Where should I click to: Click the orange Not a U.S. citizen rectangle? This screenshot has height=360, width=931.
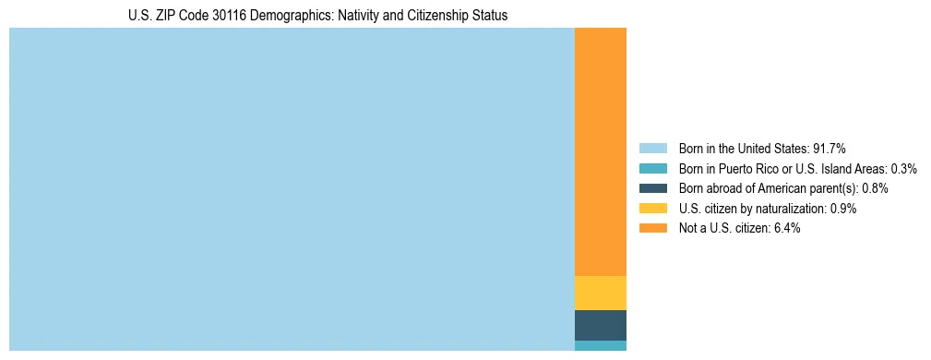[x=600, y=152]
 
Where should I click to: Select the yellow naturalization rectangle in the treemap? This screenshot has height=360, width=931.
[x=600, y=293]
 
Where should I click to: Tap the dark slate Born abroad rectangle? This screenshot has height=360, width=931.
[x=600, y=325]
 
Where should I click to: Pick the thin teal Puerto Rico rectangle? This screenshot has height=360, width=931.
[x=600, y=345]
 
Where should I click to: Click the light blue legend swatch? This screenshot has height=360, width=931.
[x=652, y=148]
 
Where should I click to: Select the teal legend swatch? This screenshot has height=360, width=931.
[x=652, y=168]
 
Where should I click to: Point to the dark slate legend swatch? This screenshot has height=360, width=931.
[x=652, y=188]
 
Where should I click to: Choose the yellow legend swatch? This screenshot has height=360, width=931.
[x=652, y=209]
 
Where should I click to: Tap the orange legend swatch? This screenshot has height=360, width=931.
[x=652, y=228]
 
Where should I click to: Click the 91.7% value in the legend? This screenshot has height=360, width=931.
[x=829, y=148]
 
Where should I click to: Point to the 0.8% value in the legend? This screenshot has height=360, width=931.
[x=875, y=188]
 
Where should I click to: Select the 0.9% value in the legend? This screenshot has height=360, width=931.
[x=843, y=209]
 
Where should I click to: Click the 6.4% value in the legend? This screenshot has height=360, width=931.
[x=787, y=228]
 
